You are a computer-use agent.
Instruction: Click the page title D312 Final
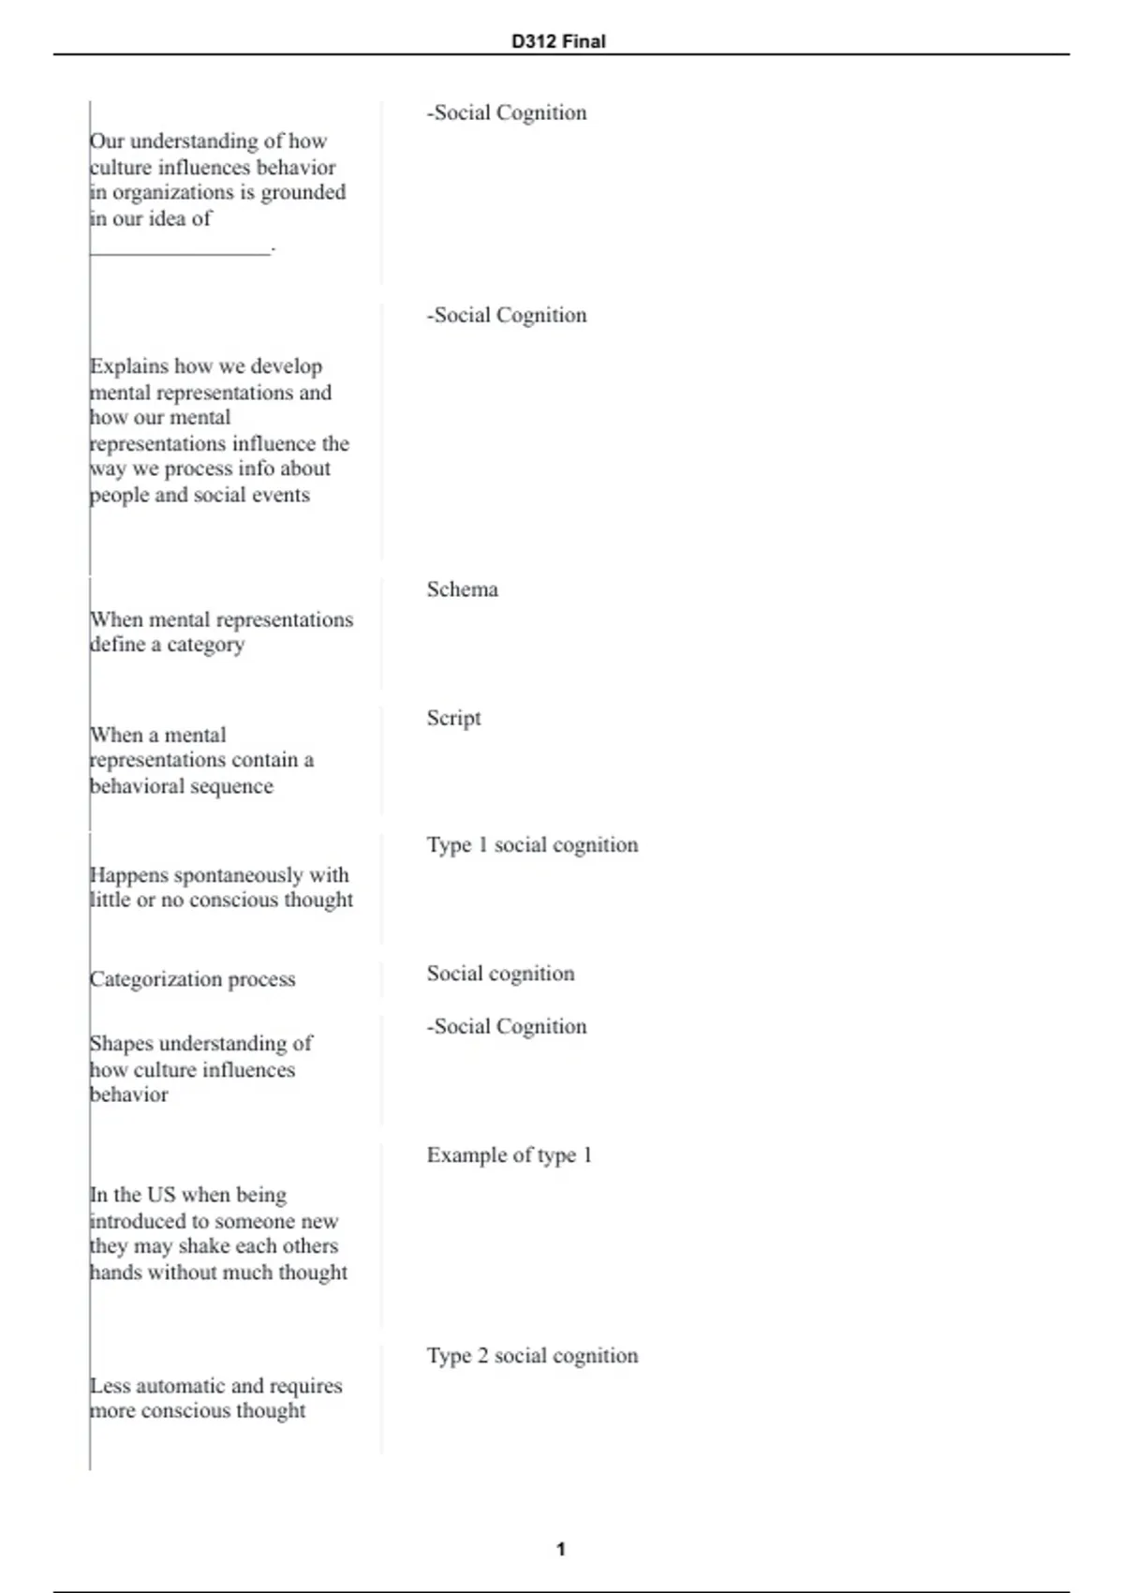tap(558, 41)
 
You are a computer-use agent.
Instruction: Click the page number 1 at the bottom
tap(561, 1549)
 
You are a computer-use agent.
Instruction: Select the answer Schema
tap(462, 589)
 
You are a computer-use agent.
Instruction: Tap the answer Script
tap(453, 718)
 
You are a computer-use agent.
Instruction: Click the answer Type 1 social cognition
tap(532, 845)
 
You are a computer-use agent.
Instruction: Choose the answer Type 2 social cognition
tap(532, 1356)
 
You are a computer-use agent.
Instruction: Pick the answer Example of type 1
tap(509, 1155)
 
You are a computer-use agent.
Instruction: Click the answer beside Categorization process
tap(500, 974)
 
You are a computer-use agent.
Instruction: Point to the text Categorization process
tap(192, 979)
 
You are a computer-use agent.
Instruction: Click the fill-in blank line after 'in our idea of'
tap(180, 249)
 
